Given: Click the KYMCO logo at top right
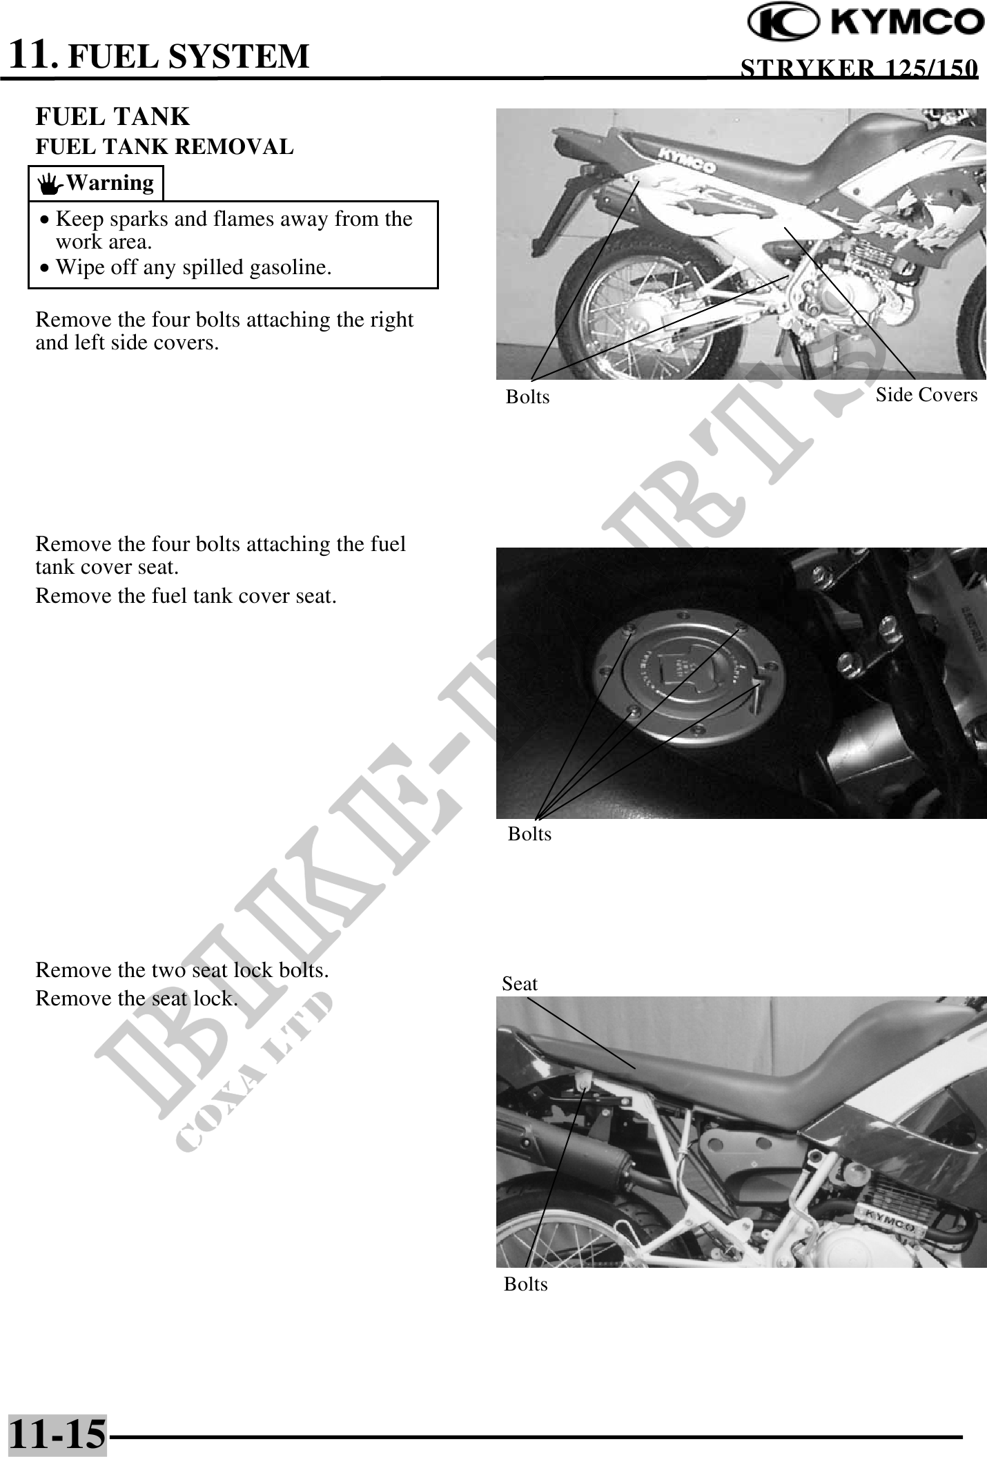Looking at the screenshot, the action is click(867, 23).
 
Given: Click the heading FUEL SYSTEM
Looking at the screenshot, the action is click(189, 57).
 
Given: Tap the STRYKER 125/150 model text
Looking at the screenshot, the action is click(859, 68).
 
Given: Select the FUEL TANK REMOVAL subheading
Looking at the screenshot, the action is click(164, 146).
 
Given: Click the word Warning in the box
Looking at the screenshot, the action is click(110, 183).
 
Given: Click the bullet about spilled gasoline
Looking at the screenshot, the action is click(185, 267).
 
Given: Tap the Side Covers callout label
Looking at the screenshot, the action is click(926, 395).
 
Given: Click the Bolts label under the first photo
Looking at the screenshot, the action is click(528, 396).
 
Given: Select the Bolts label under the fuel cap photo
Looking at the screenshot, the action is click(529, 834).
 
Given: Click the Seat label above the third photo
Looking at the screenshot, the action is click(520, 983).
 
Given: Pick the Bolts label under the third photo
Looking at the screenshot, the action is click(525, 1284).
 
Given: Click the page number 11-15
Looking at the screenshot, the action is click(58, 1433).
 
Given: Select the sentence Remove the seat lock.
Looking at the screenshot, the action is click(137, 998).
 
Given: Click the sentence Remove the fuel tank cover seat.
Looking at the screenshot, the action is click(186, 595).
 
